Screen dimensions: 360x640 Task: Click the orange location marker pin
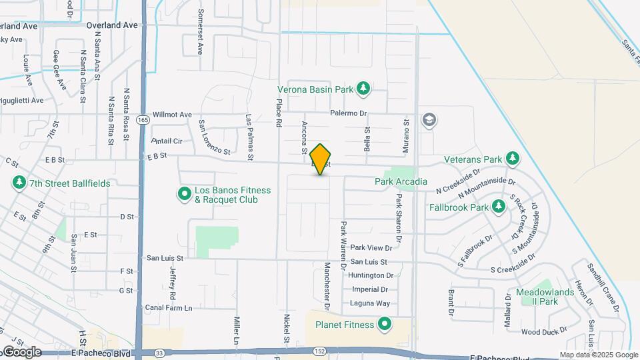(x=321, y=159)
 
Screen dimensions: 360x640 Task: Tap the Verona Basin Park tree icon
(x=363, y=89)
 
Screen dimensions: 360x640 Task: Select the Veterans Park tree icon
(x=512, y=159)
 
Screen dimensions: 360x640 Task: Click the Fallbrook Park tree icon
(x=498, y=207)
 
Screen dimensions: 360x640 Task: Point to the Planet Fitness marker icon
(x=385, y=325)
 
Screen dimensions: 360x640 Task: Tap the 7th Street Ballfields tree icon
(x=19, y=183)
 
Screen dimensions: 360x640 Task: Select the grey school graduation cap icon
(x=429, y=121)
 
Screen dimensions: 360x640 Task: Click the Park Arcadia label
(x=401, y=181)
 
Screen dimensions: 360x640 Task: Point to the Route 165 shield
(x=143, y=120)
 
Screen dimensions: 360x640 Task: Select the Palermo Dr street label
(x=350, y=113)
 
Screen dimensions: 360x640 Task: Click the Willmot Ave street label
(x=172, y=114)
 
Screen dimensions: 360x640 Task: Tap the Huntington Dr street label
(x=371, y=275)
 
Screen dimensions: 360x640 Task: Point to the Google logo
(x=21, y=351)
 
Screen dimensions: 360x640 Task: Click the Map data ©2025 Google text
(x=598, y=355)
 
